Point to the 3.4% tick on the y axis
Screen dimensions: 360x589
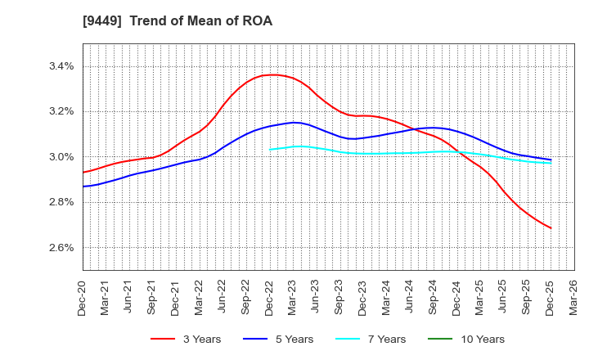[x=60, y=66]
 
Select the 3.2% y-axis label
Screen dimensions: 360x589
[x=60, y=111]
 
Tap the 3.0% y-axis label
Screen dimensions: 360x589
[x=60, y=157]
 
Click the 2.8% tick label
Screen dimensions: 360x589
[x=60, y=202]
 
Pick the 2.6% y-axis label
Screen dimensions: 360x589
[x=60, y=247]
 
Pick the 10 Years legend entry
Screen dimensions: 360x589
[x=475, y=340]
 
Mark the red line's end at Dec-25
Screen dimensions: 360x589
[x=551, y=228]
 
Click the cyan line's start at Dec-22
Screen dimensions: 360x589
[x=270, y=149]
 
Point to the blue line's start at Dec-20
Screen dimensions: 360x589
[x=83, y=187]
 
